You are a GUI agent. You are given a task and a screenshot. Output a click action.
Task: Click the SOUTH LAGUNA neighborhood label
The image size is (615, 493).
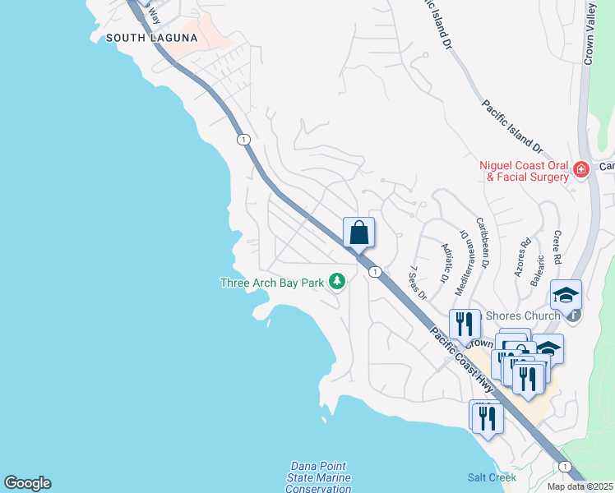pyautogui.click(x=151, y=38)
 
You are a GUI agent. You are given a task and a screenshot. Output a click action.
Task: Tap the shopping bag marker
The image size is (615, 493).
pyautogui.click(x=358, y=233)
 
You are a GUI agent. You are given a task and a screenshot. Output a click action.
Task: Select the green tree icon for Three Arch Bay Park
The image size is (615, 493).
pyautogui.click(x=336, y=282)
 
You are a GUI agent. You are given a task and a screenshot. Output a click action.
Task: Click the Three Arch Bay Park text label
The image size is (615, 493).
pyautogui.click(x=272, y=283)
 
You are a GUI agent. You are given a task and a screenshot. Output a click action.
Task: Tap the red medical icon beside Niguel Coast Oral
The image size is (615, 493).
pyautogui.click(x=581, y=170)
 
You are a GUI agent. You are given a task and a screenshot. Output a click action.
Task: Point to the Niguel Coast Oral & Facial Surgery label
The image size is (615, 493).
pyautogui.click(x=525, y=171)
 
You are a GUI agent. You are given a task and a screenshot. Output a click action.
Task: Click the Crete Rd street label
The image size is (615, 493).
pyautogui.click(x=557, y=247)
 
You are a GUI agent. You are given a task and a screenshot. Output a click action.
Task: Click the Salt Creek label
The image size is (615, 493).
pyautogui.click(x=492, y=477)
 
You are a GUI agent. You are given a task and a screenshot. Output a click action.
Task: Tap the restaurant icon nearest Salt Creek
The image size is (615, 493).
pyautogui.click(x=486, y=417)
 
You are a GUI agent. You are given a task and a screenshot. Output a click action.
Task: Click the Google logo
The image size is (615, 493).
pyautogui.click(x=27, y=483)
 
